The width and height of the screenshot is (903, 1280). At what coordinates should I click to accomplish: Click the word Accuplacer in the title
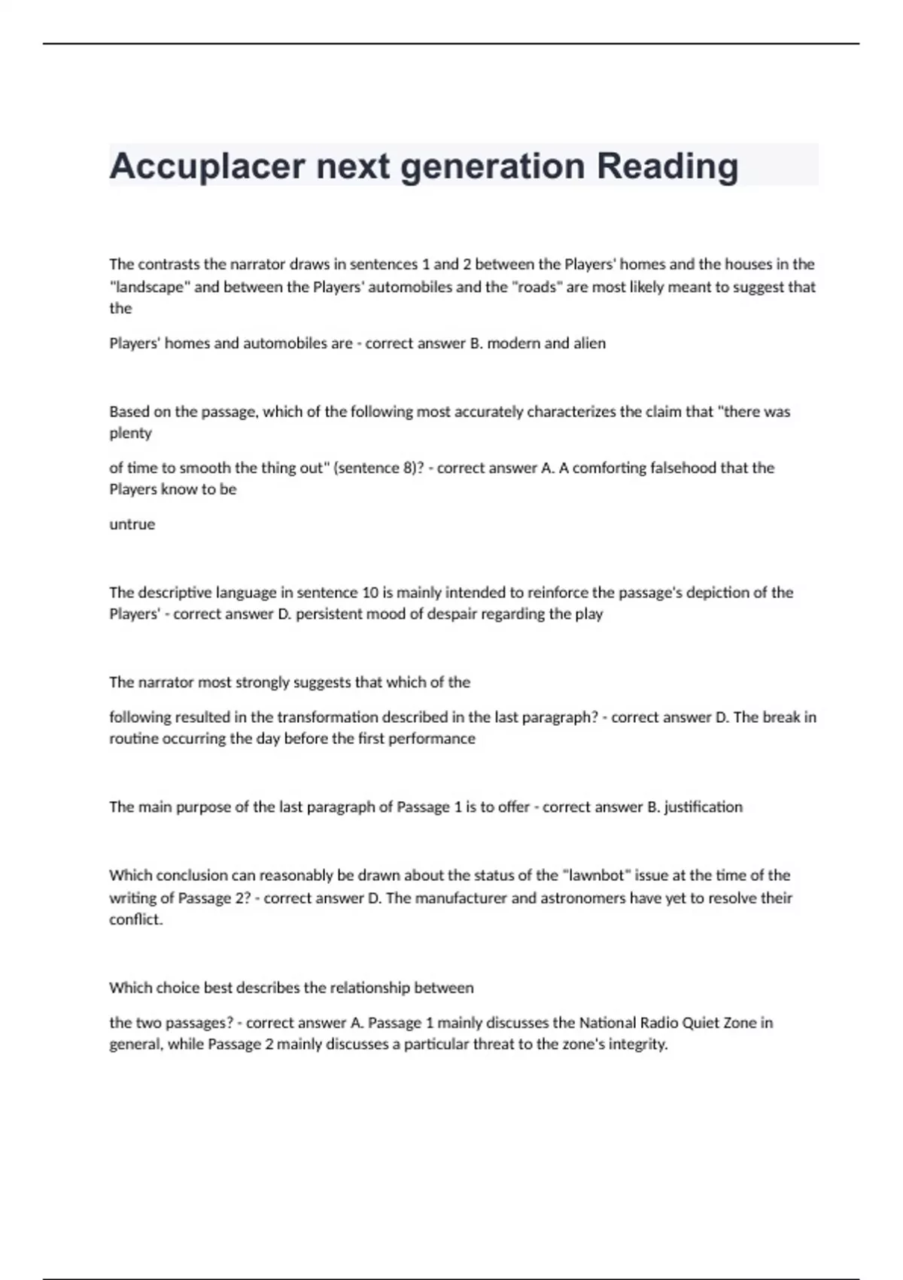208,166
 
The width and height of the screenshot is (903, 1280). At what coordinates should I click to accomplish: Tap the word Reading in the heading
667,166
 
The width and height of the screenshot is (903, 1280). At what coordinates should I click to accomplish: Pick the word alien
588,343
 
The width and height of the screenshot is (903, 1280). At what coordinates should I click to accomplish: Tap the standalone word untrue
132,524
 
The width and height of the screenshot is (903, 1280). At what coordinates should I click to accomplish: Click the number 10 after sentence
370,593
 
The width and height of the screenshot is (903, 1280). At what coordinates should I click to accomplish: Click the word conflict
135,919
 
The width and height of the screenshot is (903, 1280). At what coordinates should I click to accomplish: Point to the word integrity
639,1044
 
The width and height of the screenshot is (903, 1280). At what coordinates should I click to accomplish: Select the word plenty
131,433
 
